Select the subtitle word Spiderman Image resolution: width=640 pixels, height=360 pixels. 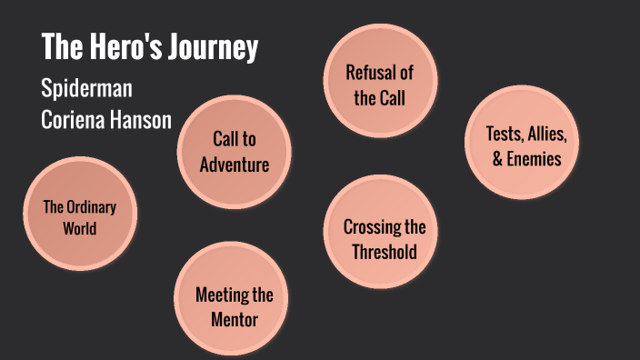tap(86, 90)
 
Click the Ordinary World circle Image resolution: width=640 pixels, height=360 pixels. tap(80, 217)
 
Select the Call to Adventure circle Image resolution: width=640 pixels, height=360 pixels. tap(235, 152)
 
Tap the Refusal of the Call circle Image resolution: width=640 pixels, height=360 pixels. tap(380, 85)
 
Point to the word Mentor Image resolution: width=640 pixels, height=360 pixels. tap(234, 319)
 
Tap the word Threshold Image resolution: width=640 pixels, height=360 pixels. tap(385, 252)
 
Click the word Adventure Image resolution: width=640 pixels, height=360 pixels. tap(235, 165)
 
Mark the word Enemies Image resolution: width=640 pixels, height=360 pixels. tap(534, 159)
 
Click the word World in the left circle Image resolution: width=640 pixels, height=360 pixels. tap(80, 228)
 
